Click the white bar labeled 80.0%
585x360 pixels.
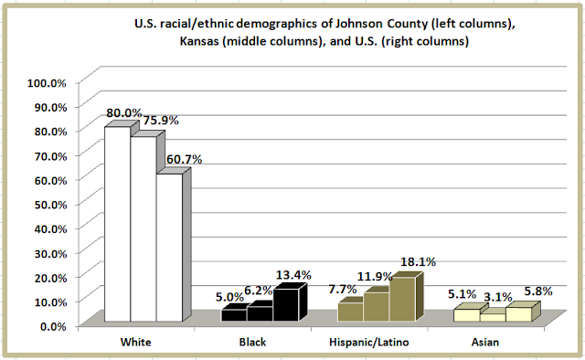point(118,224)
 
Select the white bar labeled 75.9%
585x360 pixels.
point(144,228)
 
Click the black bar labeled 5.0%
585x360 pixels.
point(234,315)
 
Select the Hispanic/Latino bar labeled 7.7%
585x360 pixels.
point(351,312)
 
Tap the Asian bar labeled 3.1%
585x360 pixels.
point(493,317)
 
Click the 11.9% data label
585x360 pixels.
point(375,277)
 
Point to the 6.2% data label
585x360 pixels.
point(258,291)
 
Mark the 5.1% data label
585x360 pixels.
point(462,294)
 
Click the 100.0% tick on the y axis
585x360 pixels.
point(47,83)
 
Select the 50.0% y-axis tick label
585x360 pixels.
point(50,205)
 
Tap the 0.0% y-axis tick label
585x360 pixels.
point(53,327)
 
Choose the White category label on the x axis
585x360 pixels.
point(136,342)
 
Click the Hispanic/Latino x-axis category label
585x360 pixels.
point(369,342)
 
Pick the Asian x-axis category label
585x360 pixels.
point(485,342)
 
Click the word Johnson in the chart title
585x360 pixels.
point(359,24)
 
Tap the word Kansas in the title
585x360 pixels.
point(199,41)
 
